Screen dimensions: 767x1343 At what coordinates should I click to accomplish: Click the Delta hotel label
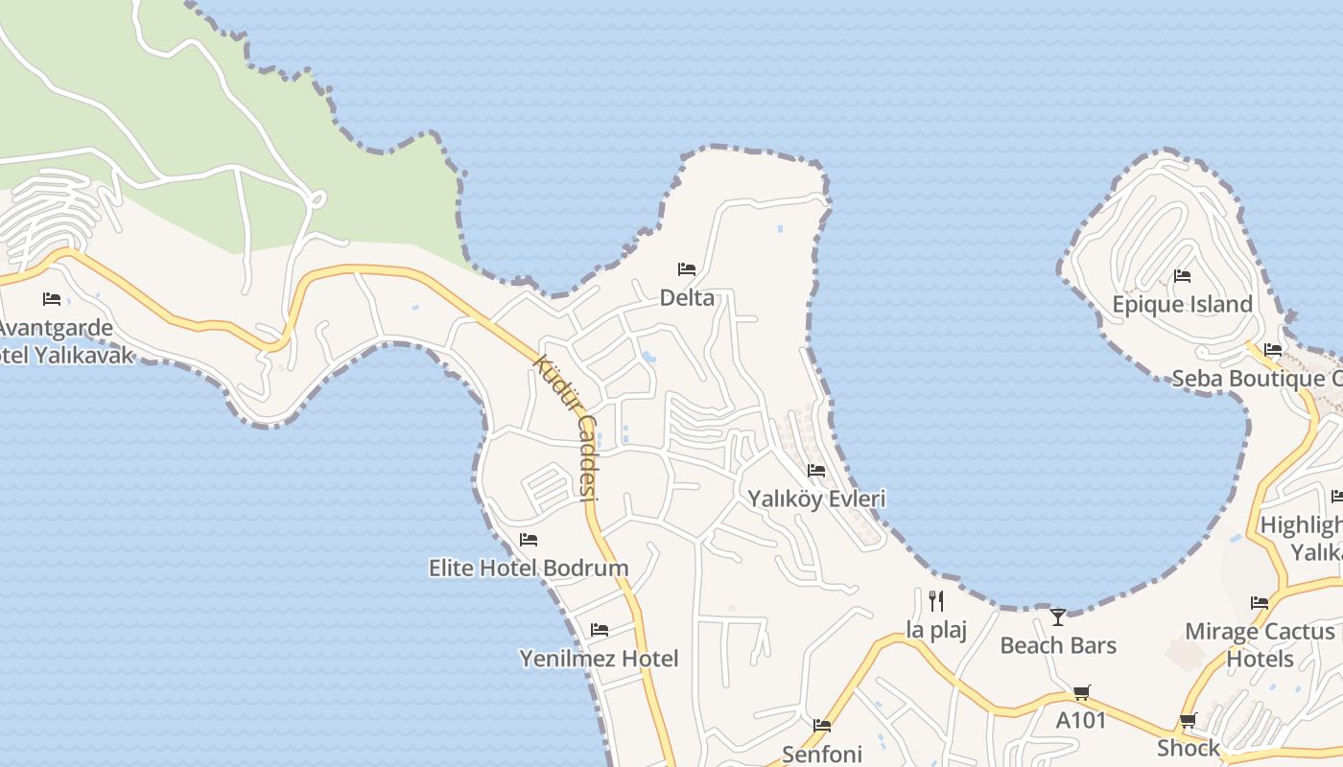pos(687,298)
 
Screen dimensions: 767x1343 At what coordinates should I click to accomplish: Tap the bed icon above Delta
pos(687,268)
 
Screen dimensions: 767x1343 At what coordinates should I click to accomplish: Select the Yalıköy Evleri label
pos(816,499)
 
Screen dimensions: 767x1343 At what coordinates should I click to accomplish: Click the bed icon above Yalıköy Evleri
pos(816,470)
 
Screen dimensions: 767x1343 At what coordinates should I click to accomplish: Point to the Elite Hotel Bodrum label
pos(529,568)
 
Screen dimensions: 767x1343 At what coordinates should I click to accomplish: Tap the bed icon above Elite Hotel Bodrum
pos(529,540)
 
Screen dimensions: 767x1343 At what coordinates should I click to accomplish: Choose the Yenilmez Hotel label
pos(599,659)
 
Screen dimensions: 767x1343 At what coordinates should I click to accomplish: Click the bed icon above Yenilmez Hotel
pos(600,630)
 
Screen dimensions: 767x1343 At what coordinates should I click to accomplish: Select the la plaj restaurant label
pos(936,630)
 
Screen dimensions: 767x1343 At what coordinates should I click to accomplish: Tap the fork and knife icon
pos(936,601)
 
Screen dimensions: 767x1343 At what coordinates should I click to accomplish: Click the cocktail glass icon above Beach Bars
pos(1058,616)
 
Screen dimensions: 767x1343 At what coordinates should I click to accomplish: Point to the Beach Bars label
pos(1058,645)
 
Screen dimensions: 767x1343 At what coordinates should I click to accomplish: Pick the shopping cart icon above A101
pos(1081,692)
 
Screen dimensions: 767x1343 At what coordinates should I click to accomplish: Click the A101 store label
pos(1081,720)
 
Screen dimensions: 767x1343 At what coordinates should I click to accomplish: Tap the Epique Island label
pos(1182,305)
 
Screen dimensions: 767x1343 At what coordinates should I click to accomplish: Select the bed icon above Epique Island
pos(1182,276)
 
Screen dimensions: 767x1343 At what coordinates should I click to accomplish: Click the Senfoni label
pos(822,754)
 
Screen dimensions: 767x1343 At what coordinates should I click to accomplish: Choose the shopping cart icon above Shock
pos(1188,720)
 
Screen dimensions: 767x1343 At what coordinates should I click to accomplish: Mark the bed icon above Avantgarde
pos(52,299)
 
